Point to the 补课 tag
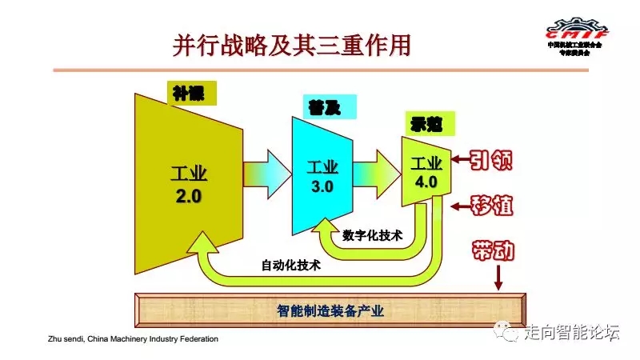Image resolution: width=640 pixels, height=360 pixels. [x=192, y=93]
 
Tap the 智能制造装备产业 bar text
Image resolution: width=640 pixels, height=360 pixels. [x=329, y=310]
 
